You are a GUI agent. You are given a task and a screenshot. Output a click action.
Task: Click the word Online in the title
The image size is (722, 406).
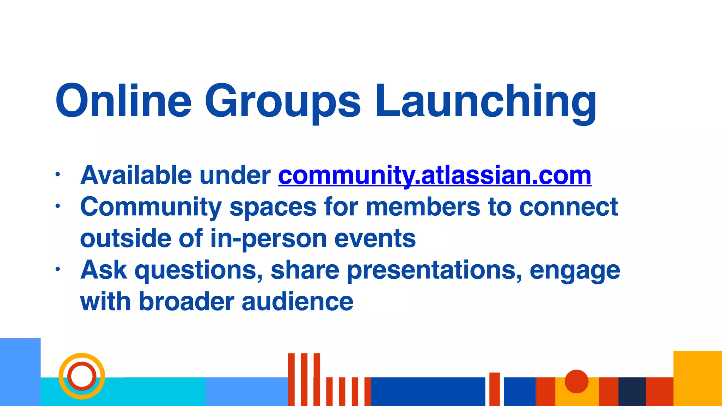coord(123,101)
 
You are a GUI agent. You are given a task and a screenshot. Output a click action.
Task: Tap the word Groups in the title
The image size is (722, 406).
coord(283,102)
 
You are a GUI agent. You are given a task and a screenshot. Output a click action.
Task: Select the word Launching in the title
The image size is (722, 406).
coord(485,102)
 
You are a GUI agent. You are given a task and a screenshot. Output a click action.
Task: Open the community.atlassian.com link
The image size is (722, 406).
coord(434,175)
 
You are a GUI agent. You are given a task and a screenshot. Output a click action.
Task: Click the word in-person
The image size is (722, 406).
coord(268,239)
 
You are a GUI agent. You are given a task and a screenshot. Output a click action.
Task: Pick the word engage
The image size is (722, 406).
coord(575,271)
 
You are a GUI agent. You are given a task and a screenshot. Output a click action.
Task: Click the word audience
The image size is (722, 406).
coord(297,302)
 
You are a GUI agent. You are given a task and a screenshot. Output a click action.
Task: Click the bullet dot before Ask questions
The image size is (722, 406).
coord(58,270)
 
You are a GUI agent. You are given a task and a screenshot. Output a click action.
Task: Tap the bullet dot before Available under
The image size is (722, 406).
coord(58,174)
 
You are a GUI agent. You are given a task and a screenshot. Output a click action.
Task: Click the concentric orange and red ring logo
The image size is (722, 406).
coord(82,376)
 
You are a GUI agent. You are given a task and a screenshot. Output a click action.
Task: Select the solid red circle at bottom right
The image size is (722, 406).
coord(576,381)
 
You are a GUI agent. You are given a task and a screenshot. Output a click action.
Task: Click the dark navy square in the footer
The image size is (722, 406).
coord(632,392)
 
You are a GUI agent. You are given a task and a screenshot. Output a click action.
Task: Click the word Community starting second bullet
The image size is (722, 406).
coord(151,207)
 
